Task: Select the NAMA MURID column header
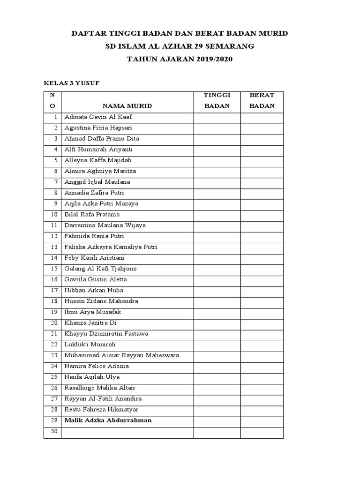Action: point(127,106)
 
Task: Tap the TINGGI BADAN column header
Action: point(217,101)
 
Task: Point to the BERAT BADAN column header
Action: point(262,101)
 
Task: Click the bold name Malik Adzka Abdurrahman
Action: point(108,420)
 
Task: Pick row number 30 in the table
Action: point(53,431)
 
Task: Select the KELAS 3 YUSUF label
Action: point(72,83)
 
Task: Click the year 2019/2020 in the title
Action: point(211,59)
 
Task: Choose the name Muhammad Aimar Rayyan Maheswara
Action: point(122,355)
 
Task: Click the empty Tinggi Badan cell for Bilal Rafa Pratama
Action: point(217,215)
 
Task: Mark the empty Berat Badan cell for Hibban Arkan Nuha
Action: point(262,291)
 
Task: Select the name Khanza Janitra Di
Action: point(90,323)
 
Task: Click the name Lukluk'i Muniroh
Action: point(90,345)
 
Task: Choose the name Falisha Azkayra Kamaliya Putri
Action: point(111,247)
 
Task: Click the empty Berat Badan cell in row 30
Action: point(262,433)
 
